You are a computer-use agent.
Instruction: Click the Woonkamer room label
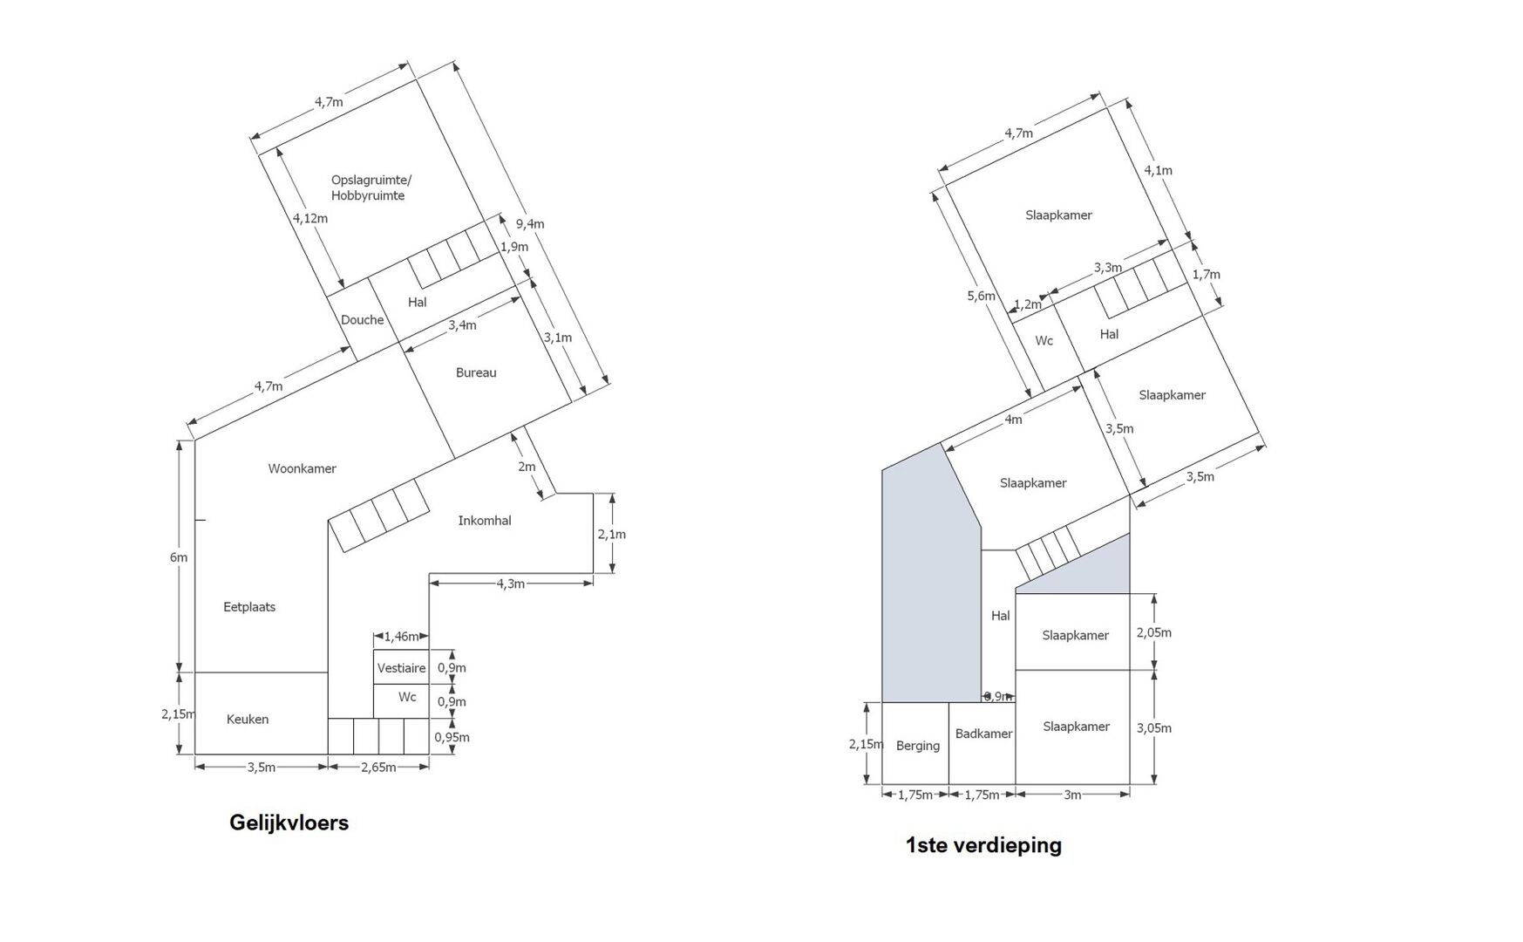pyautogui.click(x=302, y=468)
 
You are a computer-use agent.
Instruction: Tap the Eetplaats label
pyautogui.click(x=249, y=607)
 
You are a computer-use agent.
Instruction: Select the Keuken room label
pyautogui.click(x=248, y=720)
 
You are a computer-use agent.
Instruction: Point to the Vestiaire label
pyautogui.click(x=401, y=668)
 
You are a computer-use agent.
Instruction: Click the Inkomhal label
pyautogui.click(x=485, y=521)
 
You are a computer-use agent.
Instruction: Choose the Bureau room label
pyautogui.click(x=476, y=372)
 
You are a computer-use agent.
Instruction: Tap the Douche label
pyautogui.click(x=363, y=320)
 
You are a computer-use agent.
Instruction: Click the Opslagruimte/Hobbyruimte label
pyautogui.click(x=371, y=188)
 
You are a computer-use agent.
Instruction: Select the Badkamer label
pyautogui.click(x=984, y=734)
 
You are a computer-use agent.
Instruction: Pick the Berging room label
pyautogui.click(x=918, y=746)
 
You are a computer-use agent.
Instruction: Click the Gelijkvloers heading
pyautogui.click(x=289, y=823)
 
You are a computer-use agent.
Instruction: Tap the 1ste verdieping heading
pyautogui.click(x=983, y=844)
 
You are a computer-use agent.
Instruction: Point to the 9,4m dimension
pyautogui.click(x=530, y=224)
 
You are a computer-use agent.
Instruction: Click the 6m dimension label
pyautogui.click(x=179, y=557)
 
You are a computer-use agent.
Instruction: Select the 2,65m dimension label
pyautogui.click(x=378, y=768)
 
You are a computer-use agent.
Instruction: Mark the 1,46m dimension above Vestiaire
pyautogui.click(x=401, y=637)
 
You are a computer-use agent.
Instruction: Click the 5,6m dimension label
pyautogui.click(x=981, y=296)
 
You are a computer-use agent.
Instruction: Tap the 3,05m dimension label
pyautogui.click(x=1154, y=728)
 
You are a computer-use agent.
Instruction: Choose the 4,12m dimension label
pyautogui.click(x=310, y=218)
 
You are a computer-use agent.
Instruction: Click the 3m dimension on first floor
pyautogui.click(x=1072, y=795)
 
